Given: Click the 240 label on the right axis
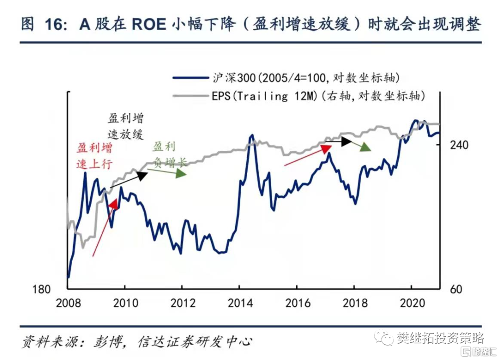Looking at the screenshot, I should [459, 145].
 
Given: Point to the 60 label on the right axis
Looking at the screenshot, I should [456, 290].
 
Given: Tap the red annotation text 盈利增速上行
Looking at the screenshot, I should [94, 156].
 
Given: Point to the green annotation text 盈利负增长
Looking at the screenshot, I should [169, 154].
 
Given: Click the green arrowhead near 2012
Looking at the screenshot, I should [181, 173].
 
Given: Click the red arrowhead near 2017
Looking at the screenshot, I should [327, 148].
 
